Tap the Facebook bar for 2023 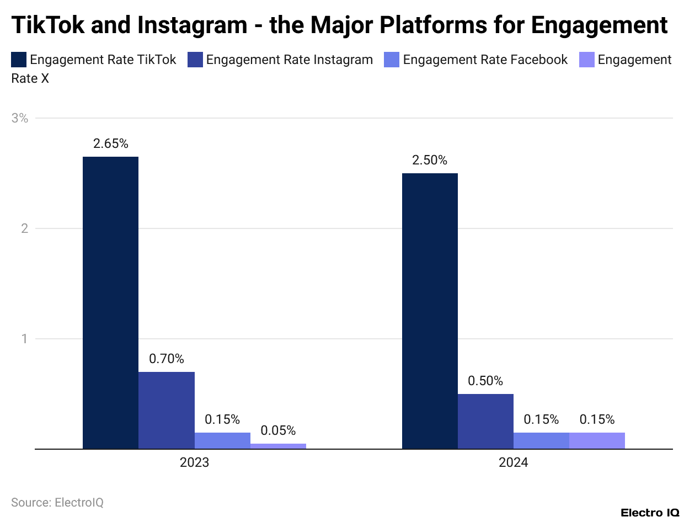tap(222, 440)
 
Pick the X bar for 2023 tap(278, 446)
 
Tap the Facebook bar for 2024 tap(541, 440)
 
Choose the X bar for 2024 tap(597, 440)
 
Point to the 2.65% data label tap(110, 144)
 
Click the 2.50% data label tap(430, 161)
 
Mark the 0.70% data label tap(167, 359)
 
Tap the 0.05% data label tap(278, 430)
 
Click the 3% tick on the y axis tap(20, 118)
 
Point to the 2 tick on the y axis tap(24, 228)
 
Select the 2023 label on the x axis tap(194, 462)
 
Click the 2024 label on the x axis tap(514, 462)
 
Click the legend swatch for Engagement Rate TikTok tap(19, 60)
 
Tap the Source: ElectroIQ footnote tap(57, 502)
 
